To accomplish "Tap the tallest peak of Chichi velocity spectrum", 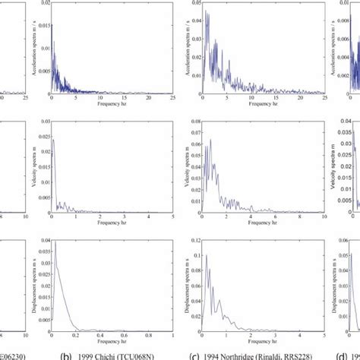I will [x=52, y=138].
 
